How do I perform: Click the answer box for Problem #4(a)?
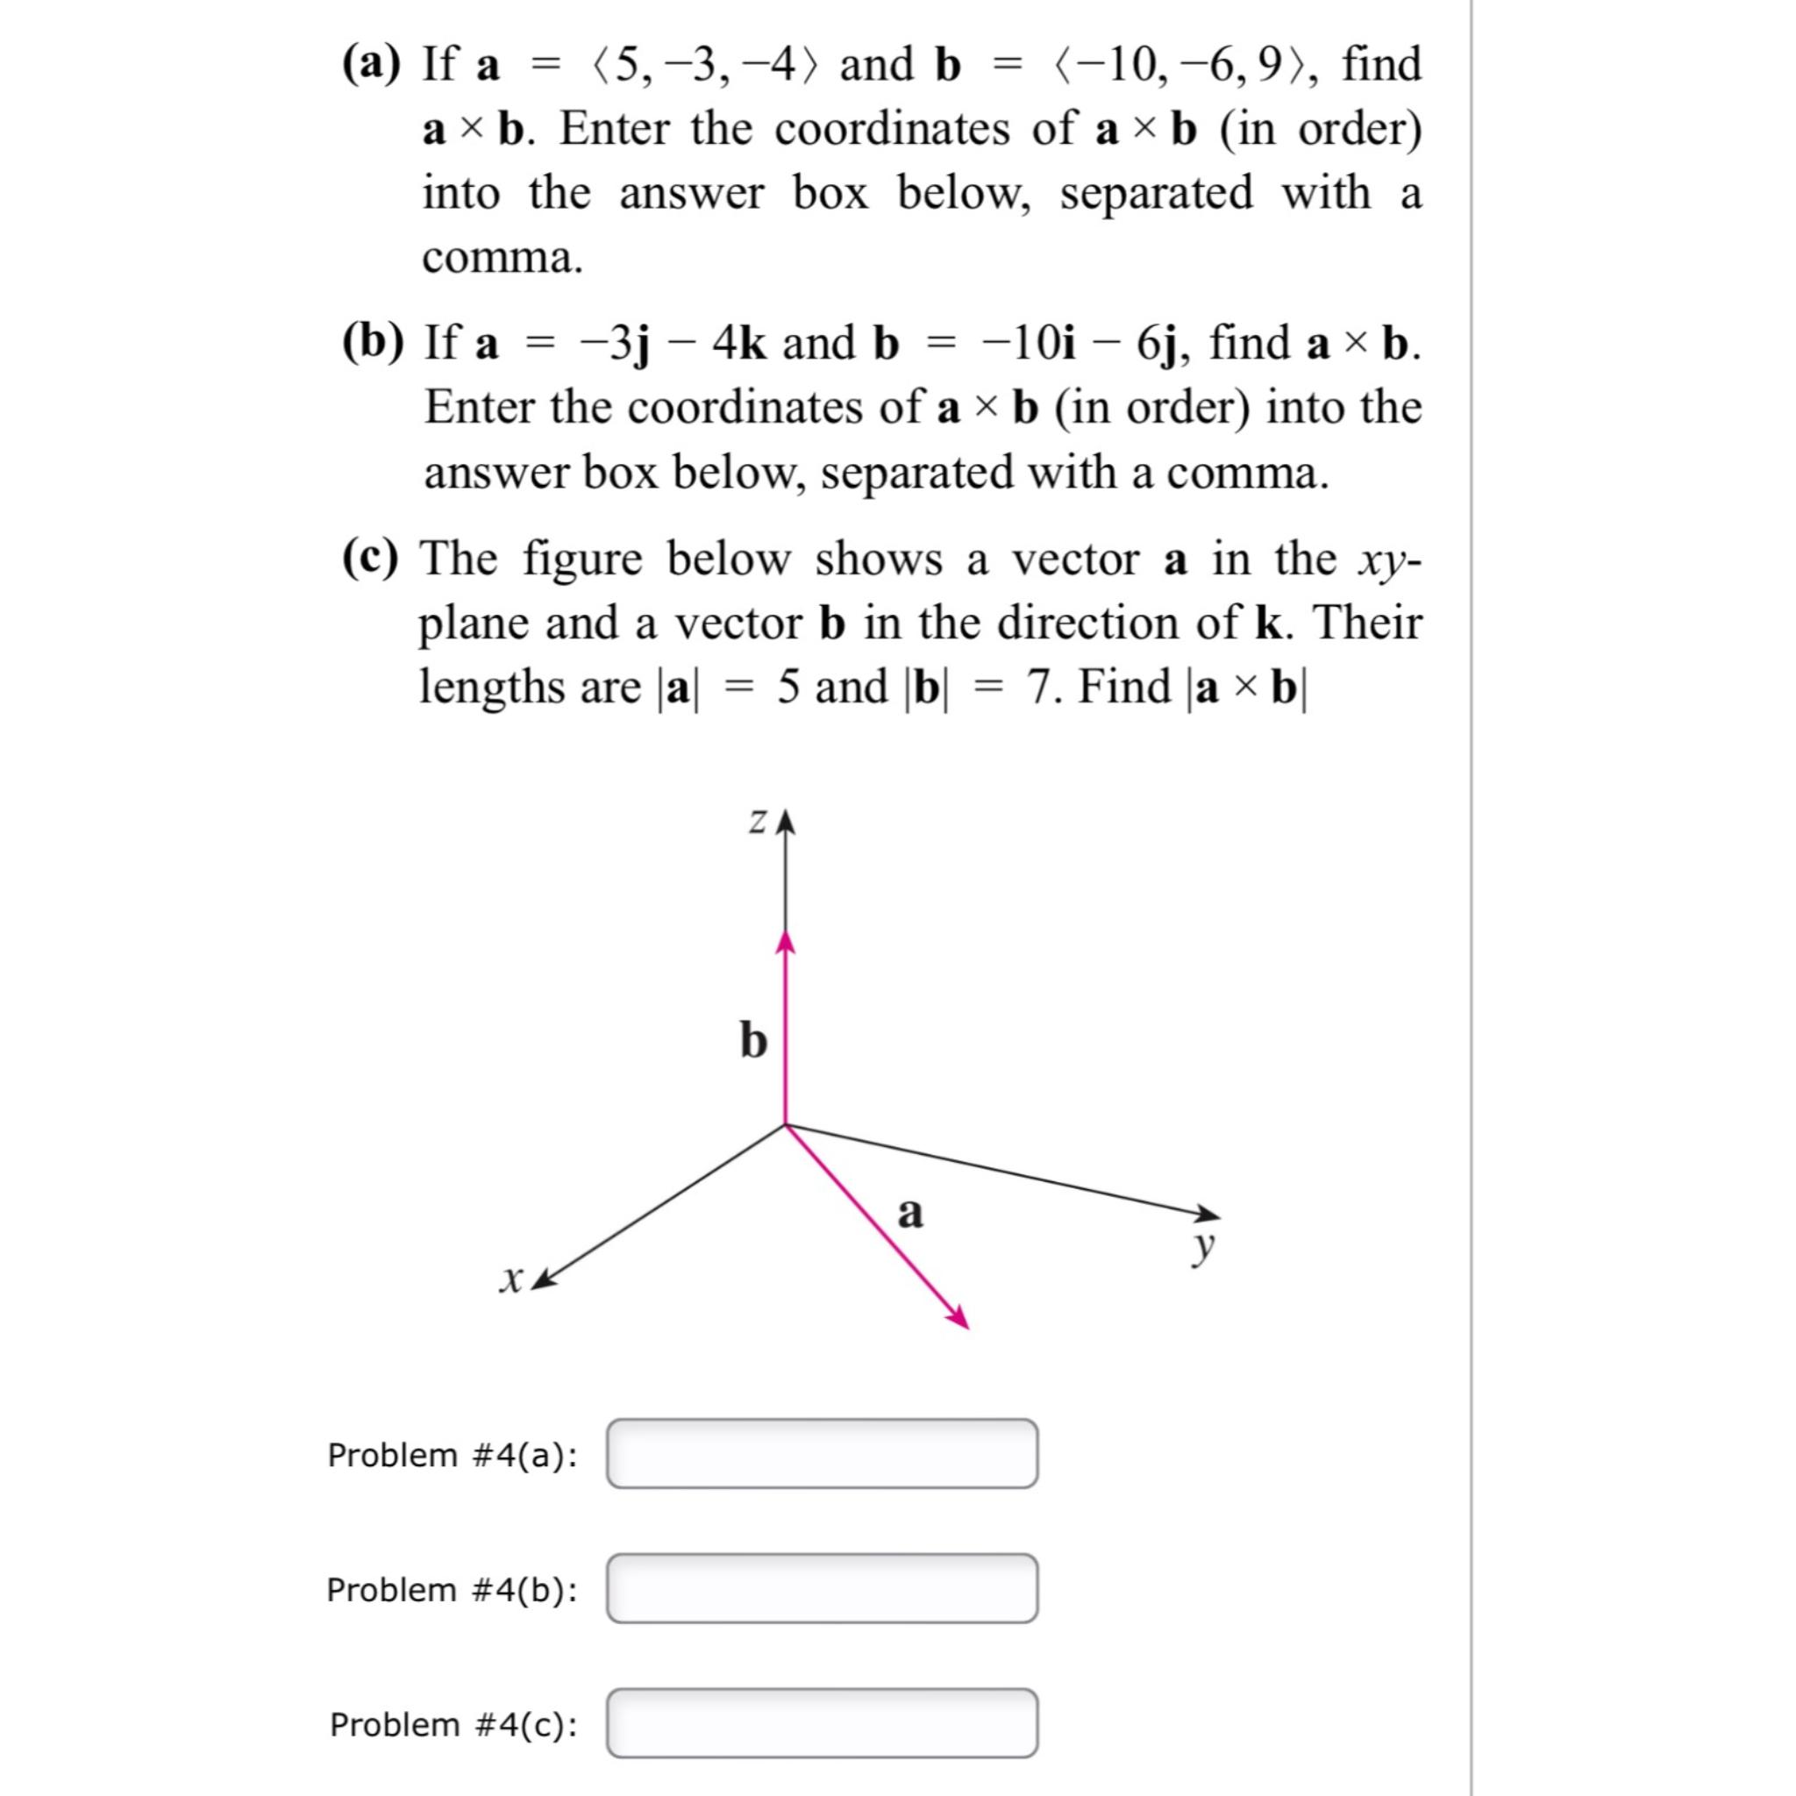click(x=822, y=1454)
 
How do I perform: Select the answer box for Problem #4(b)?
click(x=822, y=1589)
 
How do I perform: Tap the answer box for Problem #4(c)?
click(x=822, y=1723)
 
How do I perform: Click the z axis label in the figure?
click(x=759, y=822)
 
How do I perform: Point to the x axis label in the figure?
click(x=510, y=1280)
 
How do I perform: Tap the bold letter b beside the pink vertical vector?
click(x=753, y=1040)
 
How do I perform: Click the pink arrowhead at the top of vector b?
click(x=787, y=943)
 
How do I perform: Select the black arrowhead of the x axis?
click(x=543, y=1279)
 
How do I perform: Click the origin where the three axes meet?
click(x=787, y=1125)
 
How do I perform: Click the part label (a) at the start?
click(x=372, y=65)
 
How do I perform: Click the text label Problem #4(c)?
click(x=453, y=1724)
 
